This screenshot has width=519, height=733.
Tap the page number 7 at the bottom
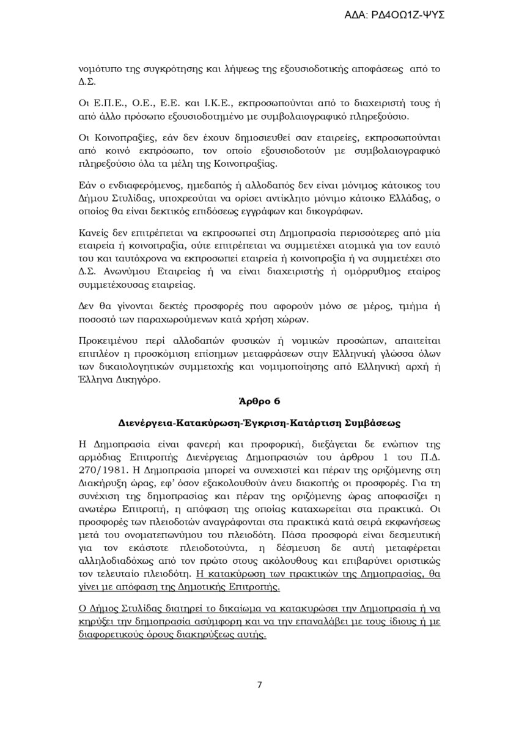click(259, 684)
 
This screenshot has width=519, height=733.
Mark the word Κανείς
click(94, 233)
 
